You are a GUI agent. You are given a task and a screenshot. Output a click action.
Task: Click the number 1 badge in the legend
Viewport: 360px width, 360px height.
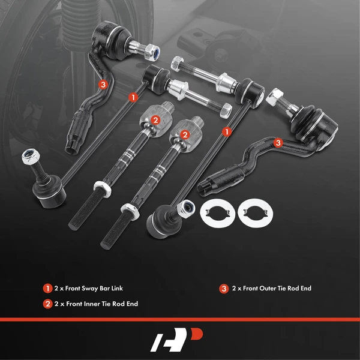coord(47,289)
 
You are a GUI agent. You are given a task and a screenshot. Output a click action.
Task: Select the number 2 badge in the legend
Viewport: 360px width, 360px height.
coord(47,304)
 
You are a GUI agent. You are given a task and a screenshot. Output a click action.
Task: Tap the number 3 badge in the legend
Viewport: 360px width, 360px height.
coord(224,289)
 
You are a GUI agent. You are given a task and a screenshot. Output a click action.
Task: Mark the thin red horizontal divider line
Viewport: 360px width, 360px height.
coord(180,319)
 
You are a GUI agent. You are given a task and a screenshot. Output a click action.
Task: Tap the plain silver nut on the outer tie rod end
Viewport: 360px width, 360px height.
coord(277,95)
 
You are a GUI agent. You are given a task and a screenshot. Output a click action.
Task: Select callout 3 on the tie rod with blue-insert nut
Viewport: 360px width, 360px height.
coord(103,85)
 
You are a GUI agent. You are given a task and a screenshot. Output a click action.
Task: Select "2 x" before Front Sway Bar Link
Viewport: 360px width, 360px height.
coord(59,289)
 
